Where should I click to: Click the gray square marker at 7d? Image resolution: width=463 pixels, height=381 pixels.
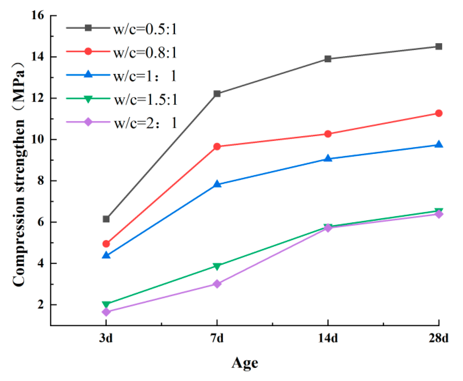tap(217, 94)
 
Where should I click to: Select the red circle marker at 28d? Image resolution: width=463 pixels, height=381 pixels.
tap(439, 113)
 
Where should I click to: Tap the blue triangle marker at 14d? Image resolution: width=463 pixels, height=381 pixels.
tap(328, 158)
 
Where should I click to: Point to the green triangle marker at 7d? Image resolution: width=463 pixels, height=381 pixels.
tap(217, 266)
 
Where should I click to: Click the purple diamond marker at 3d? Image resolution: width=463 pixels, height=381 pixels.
tap(106, 312)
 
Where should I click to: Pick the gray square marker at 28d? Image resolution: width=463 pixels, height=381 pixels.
tap(439, 46)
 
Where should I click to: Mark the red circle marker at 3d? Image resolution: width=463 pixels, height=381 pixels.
tap(106, 244)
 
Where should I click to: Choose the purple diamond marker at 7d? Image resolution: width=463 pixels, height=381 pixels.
tap(217, 284)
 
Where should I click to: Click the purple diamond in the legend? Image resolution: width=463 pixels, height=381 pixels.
tap(88, 122)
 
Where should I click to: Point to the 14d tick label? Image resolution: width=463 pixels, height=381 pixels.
tap(328, 338)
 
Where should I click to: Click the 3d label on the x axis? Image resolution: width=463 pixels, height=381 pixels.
tap(106, 338)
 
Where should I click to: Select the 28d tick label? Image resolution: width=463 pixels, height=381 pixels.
tap(438, 338)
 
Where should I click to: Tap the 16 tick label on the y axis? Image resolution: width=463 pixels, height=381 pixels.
tap(38, 16)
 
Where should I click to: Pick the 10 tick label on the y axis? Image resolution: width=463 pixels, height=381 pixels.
tap(38, 139)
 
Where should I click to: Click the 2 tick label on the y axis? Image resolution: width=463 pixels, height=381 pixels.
tap(41, 305)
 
